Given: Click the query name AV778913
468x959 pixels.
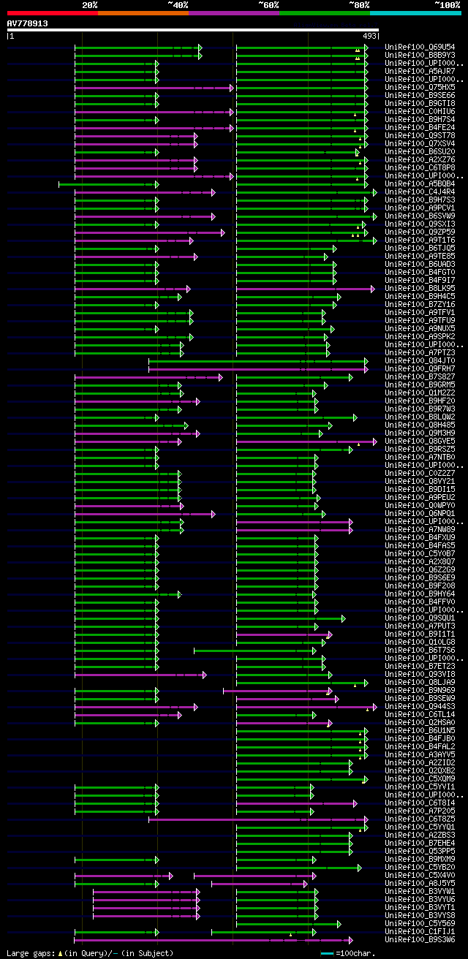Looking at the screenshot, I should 28,23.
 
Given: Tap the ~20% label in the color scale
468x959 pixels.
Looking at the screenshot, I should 90,4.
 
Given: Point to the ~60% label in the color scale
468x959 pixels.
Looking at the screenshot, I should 268,4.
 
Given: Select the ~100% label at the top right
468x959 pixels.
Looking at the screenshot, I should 447,4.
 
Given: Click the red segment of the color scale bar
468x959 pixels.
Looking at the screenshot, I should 52,13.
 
